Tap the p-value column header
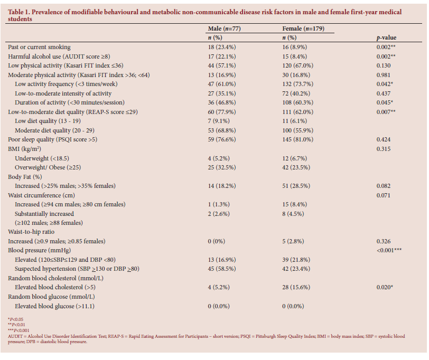[x=385, y=38]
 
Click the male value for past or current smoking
[x=225, y=47]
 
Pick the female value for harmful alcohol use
[x=298, y=56]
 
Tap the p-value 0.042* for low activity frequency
[x=383, y=84]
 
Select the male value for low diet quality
[x=222, y=121]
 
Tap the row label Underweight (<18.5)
[x=43, y=158]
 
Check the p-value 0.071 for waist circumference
[x=381, y=195]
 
